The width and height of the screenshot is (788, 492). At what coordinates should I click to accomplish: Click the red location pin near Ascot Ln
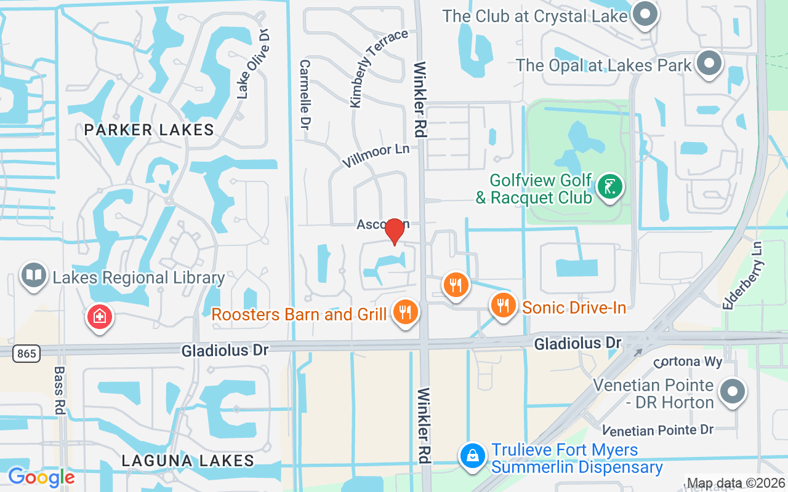pos(394,231)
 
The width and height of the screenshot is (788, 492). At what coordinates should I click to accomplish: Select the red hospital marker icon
pos(98,317)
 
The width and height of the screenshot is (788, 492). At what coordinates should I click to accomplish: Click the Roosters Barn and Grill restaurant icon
pos(405,312)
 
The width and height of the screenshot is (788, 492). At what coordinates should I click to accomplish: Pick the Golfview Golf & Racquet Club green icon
pos(610,186)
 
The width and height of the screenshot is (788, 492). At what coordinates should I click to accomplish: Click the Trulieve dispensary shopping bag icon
pos(472,456)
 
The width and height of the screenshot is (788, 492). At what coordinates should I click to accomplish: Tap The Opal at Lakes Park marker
pos(709,63)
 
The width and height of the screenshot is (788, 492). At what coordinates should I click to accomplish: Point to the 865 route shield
pos(26,353)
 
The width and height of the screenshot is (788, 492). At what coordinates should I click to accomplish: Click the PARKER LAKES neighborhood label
pos(149,130)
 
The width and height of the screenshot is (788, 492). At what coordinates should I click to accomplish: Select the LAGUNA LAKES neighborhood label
pos(188,461)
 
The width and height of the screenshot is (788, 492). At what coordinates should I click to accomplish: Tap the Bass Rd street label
pos(60,391)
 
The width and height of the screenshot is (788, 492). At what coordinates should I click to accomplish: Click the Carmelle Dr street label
pos(305,94)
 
